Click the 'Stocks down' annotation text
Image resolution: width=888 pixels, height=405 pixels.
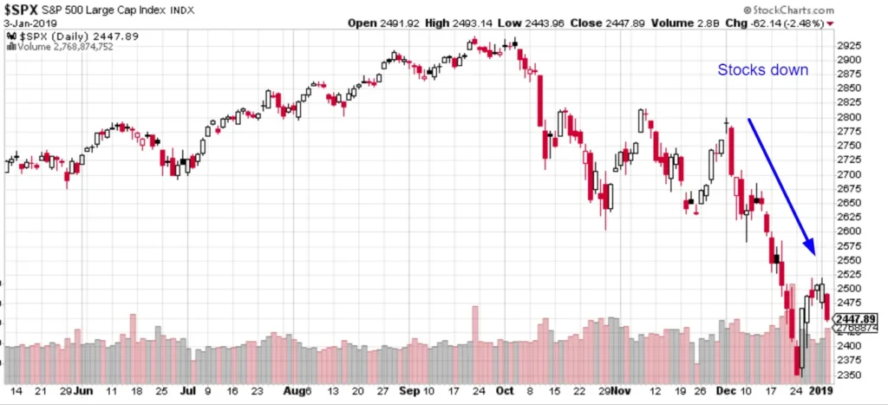click(762, 70)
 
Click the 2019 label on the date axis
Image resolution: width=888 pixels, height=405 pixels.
click(819, 391)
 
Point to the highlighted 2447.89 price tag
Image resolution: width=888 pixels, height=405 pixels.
click(855, 319)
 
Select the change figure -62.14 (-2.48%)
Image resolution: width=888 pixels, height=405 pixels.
click(789, 23)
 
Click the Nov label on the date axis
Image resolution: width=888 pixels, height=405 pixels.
click(618, 391)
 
